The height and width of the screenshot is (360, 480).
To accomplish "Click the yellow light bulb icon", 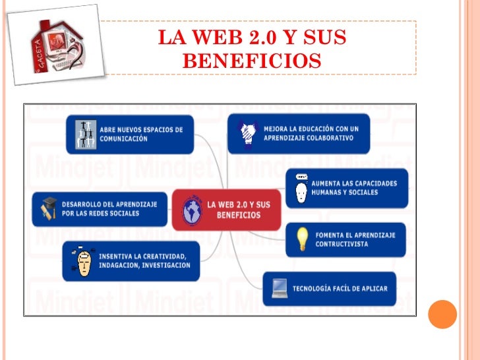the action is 302,239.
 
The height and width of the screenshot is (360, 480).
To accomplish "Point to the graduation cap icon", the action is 50,208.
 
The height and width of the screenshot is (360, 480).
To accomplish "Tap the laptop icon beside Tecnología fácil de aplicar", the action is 280,288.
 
